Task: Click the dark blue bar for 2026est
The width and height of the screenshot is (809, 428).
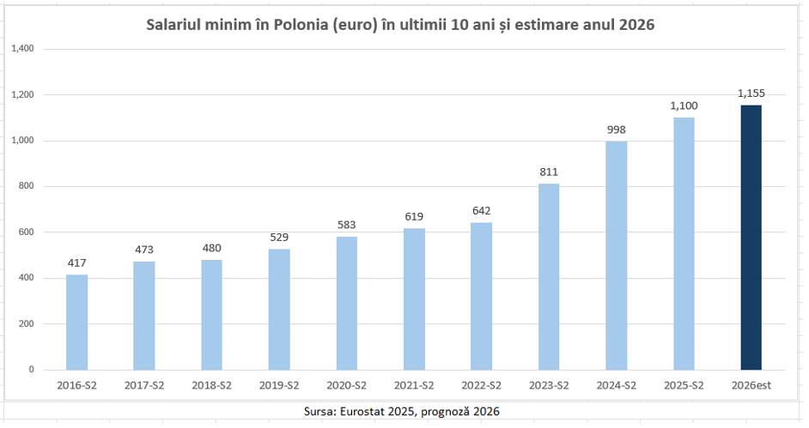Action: (x=751, y=238)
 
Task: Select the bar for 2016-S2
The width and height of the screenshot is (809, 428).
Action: (x=77, y=322)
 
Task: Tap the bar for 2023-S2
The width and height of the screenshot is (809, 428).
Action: (x=549, y=276)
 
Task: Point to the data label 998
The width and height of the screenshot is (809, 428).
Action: (x=616, y=130)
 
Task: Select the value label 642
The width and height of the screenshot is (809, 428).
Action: (x=481, y=212)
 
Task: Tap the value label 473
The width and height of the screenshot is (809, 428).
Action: (x=144, y=250)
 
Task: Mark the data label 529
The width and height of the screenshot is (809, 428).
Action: (x=279, y=238)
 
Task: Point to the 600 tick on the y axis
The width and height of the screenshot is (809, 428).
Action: (x=27, y=232)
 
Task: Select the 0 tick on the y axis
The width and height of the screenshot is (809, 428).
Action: (x=31, y=370)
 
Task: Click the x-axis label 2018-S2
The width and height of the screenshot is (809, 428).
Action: (x=211, y=385)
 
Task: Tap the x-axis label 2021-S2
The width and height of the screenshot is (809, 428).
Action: (x=414, y=385)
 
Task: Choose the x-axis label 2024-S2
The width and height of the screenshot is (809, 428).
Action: (x=616, y=385)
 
